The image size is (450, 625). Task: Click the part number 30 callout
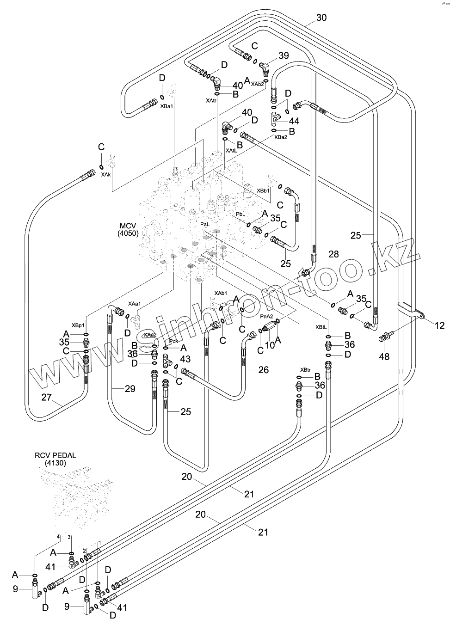tap(321, 18)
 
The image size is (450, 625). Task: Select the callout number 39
tap(284, 56)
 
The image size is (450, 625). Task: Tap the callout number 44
tap(294, 122)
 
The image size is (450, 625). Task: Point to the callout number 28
tap(334, 254)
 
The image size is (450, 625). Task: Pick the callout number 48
tap(384, 356)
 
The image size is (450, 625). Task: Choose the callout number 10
tap(269, 344)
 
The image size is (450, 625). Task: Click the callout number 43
tap(185, 359)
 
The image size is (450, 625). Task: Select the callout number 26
tap(263, 370)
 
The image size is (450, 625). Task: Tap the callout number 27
tap(47, 397)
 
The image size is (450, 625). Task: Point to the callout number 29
tap(130, 389)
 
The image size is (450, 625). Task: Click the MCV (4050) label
tap(128, 230)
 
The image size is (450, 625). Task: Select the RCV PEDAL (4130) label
tap(55, 459)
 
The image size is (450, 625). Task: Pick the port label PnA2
tap(267, 316)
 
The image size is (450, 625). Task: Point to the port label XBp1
tap(78, 325)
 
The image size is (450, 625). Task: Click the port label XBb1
tap(263, 190)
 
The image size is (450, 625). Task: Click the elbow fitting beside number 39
tap(265, 67)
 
